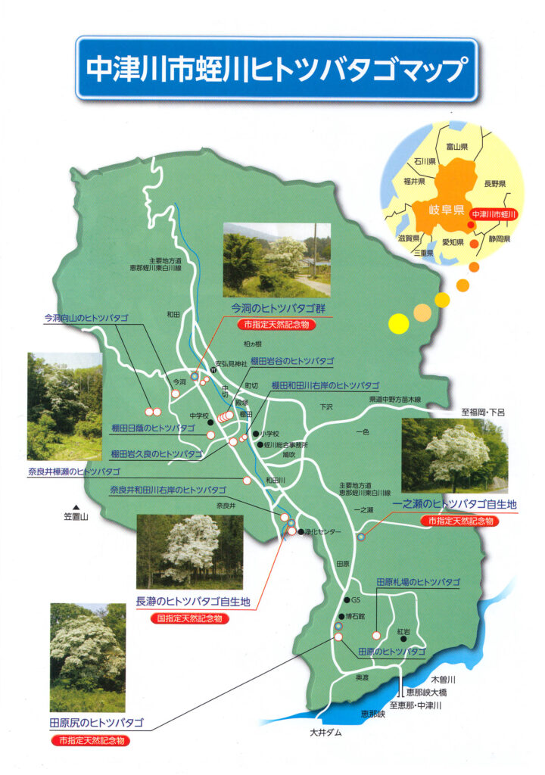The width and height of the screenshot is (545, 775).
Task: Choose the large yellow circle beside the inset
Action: [398, 323]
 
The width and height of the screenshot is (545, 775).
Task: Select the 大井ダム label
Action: [325, 733]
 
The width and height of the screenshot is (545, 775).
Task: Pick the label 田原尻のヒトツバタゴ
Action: [96, 722]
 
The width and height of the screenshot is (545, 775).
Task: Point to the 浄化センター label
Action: [323, 532]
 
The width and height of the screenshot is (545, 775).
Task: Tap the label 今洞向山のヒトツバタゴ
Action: [86, 318]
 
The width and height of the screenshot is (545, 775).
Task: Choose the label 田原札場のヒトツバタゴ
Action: [418, 583]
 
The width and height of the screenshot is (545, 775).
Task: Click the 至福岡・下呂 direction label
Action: [487, 412]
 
